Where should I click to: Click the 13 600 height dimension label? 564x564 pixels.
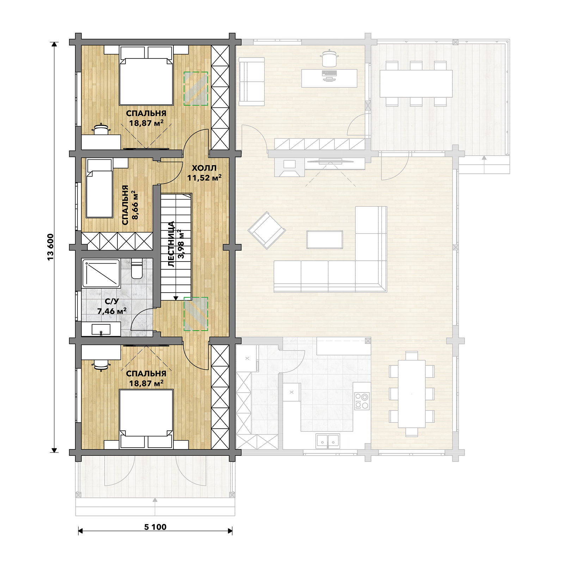(x=50, y=247)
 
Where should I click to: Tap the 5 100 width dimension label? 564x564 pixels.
(x=155, y=527)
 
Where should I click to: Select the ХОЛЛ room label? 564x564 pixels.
(x=204, y=168)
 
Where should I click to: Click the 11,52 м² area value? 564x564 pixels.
(x=204, y=178)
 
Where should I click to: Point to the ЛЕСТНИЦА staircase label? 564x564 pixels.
(x=171, y=244)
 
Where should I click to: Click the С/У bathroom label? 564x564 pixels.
(x=112, y=301)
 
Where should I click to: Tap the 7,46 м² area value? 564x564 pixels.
(x=112, y=311)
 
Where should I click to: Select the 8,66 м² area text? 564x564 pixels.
(x=134, y=205)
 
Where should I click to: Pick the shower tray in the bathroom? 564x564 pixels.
(x=101, y=273)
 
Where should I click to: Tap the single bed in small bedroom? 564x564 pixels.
(x=99, y=189)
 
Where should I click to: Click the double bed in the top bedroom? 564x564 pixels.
(x=146, y=75)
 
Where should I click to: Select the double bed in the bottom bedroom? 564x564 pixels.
(x=146, y=419)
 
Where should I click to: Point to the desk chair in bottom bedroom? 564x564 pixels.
(x=101, y=365)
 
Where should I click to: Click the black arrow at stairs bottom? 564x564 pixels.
(x=176, y=298)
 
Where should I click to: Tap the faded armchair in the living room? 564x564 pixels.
(x=267, y=230)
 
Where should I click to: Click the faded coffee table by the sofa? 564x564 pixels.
(x=325, y=240)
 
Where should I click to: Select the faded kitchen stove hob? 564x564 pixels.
(x=362, y=401)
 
